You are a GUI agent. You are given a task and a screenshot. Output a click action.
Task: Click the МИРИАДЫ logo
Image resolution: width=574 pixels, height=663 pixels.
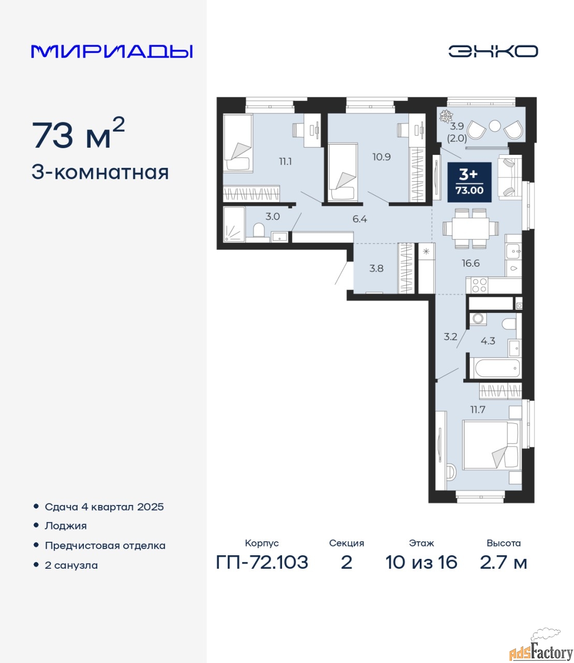pyautogui.click(x=112, y=51)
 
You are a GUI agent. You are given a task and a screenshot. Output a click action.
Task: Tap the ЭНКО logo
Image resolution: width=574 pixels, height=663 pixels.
pyautogui.click(x=493, y=51)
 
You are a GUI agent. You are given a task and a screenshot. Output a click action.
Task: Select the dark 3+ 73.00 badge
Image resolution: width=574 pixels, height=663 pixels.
pyautogui.click(x=469, y=182)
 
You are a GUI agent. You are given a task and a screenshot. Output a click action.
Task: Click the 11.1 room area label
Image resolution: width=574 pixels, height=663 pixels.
pyautogui.click(x=285, y=161)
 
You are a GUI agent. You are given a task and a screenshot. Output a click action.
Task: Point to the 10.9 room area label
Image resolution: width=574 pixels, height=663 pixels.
pyautogui.click(x=381, y=157)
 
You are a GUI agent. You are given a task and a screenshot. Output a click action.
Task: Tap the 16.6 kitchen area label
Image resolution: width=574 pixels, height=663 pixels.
pyautogui.click(x=470, y=263)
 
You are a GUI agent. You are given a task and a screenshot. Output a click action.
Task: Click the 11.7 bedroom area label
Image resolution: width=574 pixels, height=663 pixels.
pyautogui.click(x=478, y=410)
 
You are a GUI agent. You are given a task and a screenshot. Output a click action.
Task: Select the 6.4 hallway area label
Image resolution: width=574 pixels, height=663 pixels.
pyautogui.click(x=360, y=219)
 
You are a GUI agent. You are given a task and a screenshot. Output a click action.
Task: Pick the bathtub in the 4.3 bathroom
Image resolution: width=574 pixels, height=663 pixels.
pyautogui.click(x=497, y=368)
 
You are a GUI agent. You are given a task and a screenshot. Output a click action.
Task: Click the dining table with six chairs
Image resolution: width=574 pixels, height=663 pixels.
pyautogui.click(x=471, y=228)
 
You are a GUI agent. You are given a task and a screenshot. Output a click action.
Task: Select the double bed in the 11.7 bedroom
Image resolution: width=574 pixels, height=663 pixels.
pyautogui.click(x=491, y=445)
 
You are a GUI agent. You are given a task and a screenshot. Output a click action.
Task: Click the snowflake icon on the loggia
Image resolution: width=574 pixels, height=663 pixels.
pyautogui.click(x=445, y=116)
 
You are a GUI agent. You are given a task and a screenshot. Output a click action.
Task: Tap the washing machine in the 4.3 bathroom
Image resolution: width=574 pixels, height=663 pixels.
pyautogui.click(x=478, y=318)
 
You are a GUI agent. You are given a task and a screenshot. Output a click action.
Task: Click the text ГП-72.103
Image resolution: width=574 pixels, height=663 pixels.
pyautogui.click(x=262, y=563)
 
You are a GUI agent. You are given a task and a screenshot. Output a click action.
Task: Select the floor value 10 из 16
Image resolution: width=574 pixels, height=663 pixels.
pyautogui.click(x=421, y=563)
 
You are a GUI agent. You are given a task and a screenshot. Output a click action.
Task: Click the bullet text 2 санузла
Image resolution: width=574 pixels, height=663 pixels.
pyautogui.click(x=71, y=565)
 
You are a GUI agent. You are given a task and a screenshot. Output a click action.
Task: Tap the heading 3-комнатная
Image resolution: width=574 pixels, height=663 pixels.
pyautogui.click(x=100, y=172)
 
